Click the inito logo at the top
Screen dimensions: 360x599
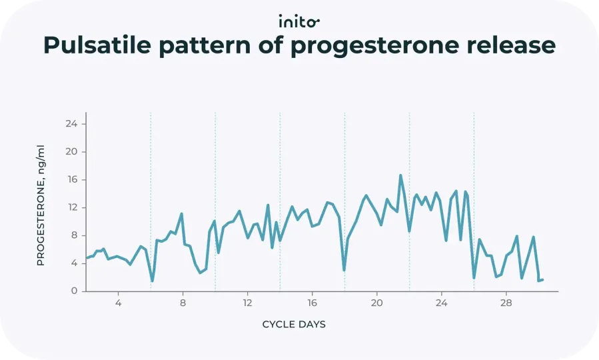[299, 21]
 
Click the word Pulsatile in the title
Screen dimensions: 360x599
[100, 45]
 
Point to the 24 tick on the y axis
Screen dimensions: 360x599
[71, 124]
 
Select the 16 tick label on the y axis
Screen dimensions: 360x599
[71, 180]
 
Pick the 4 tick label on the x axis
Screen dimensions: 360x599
[118, 303]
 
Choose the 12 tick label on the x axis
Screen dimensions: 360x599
[247, 303]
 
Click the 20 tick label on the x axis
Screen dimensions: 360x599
[376, 303]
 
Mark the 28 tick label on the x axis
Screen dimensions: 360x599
[506, 303]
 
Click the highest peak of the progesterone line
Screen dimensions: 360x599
[400, 175]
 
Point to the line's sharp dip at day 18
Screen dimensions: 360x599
[344, 270]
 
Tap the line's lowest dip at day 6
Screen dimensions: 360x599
[152, 281]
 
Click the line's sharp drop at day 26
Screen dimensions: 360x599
[474, 277]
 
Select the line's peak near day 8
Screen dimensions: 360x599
[181, 214]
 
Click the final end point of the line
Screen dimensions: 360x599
[542, 279]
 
